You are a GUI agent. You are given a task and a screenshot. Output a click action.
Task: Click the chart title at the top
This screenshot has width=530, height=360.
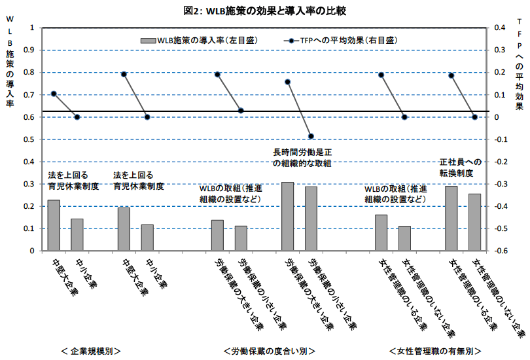coord(264,11)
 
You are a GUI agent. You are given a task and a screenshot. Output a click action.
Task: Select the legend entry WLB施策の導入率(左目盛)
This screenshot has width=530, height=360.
coord(200,41)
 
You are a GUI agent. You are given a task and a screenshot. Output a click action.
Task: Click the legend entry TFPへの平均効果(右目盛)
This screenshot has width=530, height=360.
coord(341,41)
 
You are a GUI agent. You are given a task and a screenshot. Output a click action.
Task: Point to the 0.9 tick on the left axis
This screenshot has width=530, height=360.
coord(29,50)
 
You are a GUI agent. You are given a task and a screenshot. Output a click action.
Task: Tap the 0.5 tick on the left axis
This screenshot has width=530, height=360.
coord(29,139)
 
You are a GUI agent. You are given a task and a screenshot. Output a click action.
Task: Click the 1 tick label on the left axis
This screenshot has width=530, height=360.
coord(32,27)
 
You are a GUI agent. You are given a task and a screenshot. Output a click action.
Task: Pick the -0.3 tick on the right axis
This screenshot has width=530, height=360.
coord(501,184)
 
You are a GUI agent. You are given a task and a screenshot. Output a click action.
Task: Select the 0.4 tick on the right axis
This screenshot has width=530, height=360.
coord(500,27)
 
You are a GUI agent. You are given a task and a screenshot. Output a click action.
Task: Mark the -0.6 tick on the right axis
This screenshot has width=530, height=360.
coord(501,251)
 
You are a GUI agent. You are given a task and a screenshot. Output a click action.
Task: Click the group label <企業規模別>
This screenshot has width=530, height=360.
coord(91,351)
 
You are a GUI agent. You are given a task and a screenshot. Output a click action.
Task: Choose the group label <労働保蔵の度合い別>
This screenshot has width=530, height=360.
coord(270,351)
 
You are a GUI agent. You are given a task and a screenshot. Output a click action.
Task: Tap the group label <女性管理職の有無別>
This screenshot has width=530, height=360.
coord(435,351)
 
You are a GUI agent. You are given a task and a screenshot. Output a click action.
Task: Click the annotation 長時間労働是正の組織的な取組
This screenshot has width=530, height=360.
coord(302,158)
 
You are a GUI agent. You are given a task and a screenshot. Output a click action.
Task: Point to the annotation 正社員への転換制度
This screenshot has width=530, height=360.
coord(461,168)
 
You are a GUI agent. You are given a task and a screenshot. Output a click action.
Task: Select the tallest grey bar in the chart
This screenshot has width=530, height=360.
coord(288,217)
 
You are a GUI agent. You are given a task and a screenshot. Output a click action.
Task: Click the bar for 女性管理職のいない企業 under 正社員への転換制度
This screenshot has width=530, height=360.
coord(474,222)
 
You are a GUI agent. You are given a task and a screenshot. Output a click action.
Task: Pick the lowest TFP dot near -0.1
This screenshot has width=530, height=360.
coord(311,136)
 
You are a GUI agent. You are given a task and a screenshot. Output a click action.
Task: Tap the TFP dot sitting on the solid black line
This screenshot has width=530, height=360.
coord(241,111)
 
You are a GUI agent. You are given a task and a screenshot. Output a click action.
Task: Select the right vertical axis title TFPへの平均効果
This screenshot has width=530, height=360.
coord(519,64)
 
